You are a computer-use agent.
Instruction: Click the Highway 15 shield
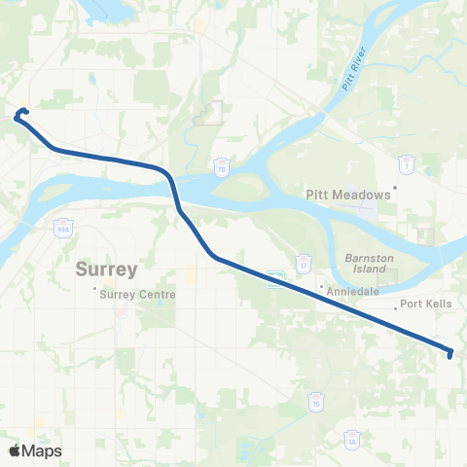316,400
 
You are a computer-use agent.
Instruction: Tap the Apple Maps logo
35,450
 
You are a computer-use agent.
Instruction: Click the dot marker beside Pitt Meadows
396,188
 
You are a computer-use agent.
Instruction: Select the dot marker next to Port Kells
395,307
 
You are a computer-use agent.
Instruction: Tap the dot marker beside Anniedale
321,287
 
